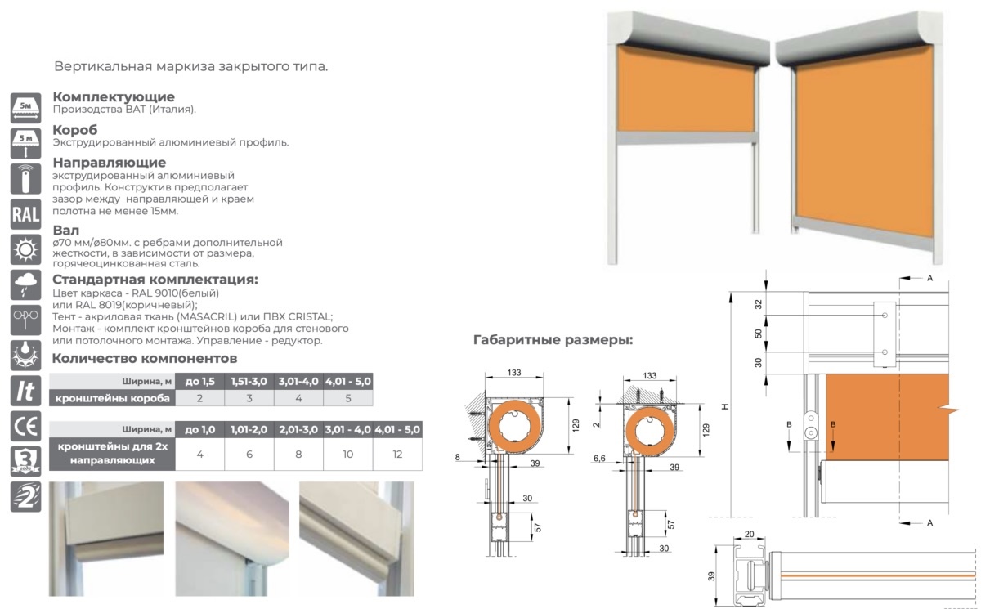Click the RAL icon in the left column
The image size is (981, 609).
[x=26, y=214]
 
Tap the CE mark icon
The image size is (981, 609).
[x=26, y=426]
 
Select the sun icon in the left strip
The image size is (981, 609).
[x=26, y=249]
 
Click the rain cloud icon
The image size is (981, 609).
[x=26, y=284]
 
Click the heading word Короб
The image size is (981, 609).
[x=75, y=130]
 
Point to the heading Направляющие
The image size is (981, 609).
[x=110, y=163]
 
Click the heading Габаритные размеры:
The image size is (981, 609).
[x=553, y=340]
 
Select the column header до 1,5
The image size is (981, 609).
[x=199, y=381]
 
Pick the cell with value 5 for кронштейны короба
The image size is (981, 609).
[x=348, y=398]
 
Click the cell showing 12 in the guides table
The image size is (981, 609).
[x=397, y=454]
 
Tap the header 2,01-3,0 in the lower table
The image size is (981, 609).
[x=298, y=429]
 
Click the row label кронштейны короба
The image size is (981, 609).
[x=113, y=398]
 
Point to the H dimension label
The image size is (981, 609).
[x=725, y=406]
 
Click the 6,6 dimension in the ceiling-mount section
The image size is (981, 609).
[x=599, y=458]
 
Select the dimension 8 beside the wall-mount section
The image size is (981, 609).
[x=457, y=457]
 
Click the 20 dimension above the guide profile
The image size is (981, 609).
[x=750, y=534]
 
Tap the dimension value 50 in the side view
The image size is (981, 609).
[x=759, y=334]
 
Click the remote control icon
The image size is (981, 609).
[x=26, y=179]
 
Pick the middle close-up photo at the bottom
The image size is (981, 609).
[x=232, y=539]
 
